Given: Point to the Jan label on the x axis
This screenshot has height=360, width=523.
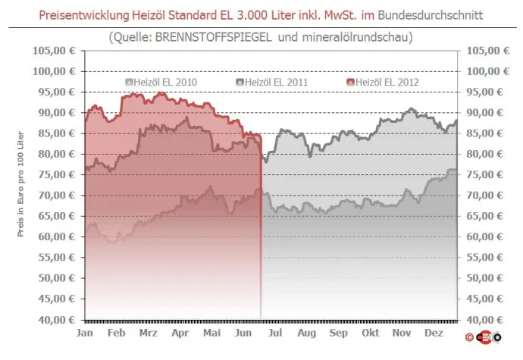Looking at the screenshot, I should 86,333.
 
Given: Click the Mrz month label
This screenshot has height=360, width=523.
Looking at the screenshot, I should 149,333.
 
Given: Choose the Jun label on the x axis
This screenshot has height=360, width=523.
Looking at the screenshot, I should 243,333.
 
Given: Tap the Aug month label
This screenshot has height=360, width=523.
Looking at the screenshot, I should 306,333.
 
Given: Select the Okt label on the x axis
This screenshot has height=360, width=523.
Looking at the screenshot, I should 371,333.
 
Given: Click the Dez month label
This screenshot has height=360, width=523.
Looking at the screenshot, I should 434,333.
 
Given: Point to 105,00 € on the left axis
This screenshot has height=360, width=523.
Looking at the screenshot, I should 55,51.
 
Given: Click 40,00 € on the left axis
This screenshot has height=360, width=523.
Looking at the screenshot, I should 58,320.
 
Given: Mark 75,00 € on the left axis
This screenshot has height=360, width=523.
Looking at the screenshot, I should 58,174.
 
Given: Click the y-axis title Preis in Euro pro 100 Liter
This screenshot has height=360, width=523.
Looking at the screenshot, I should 22,186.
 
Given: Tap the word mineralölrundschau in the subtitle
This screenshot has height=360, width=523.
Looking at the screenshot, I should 353,36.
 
